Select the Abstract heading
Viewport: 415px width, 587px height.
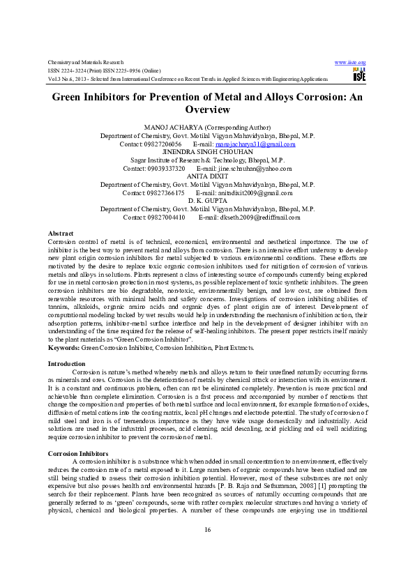click(59, 232)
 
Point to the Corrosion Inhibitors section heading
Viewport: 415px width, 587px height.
click(76, 453)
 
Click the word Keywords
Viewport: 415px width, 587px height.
click(63, 347)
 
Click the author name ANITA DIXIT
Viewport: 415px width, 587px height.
click(207, 176)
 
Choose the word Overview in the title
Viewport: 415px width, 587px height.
click(207, 109)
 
